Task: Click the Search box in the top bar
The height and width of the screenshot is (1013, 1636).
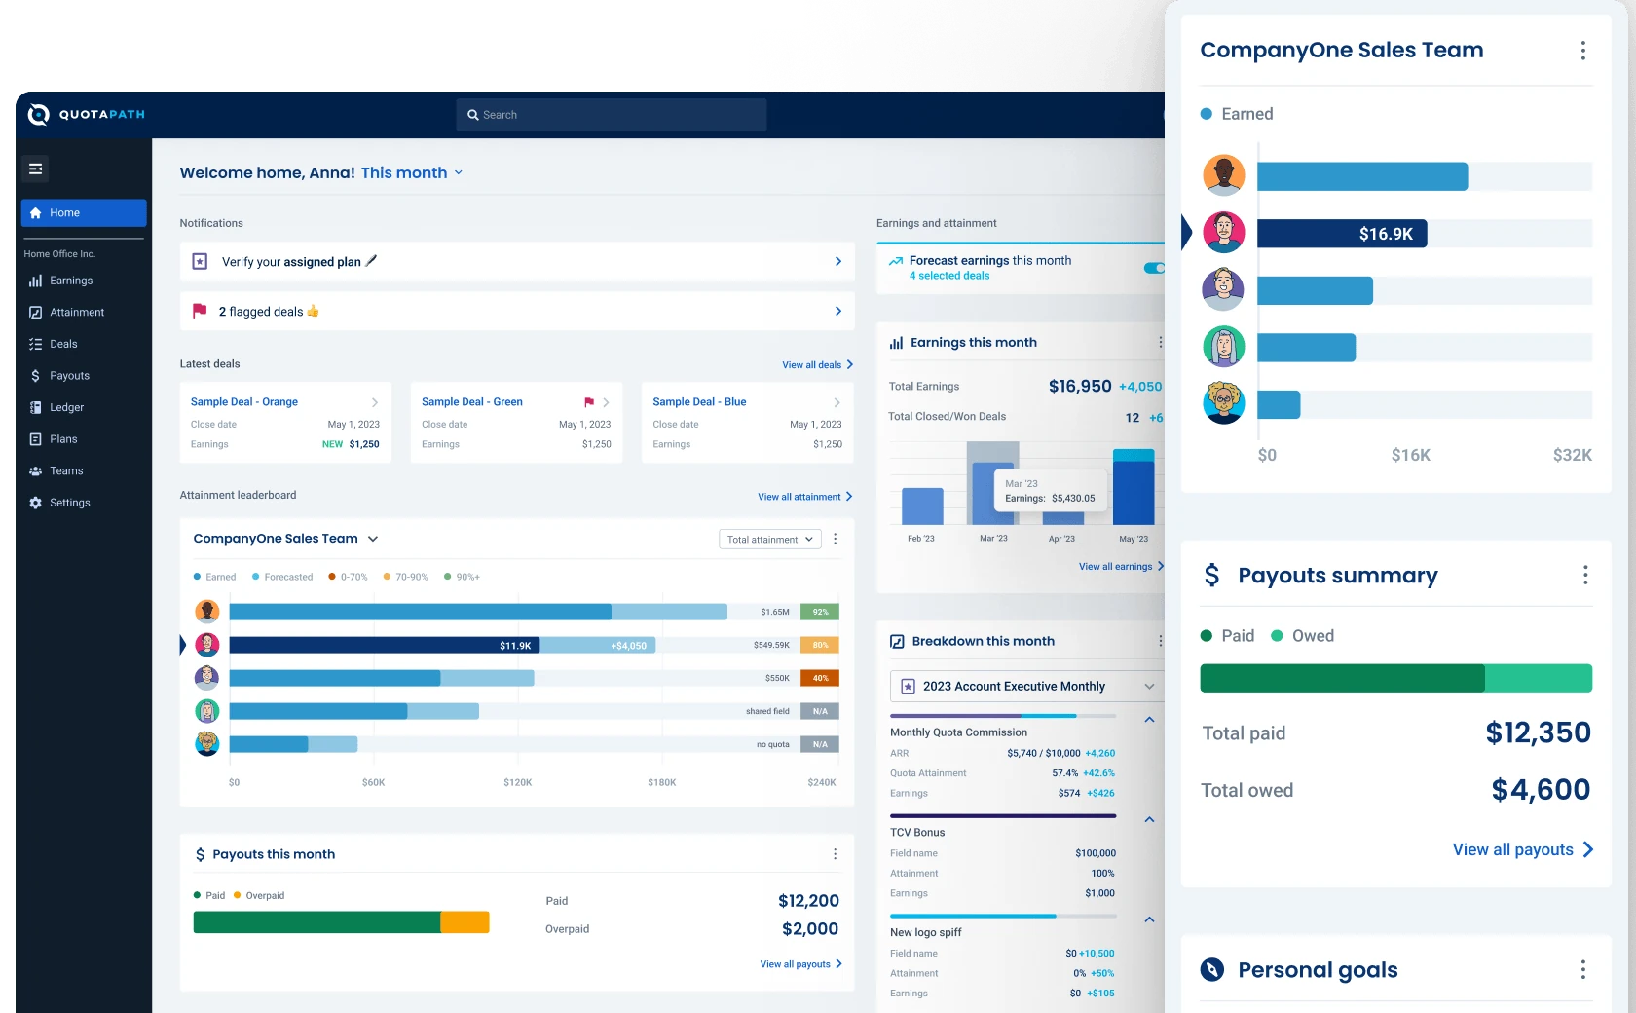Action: click(612, 115)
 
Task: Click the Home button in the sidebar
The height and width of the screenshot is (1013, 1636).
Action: click(84, 212)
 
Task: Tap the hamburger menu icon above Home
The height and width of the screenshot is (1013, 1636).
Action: click(35, 169)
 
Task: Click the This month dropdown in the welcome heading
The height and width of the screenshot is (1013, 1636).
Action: click(412, 172)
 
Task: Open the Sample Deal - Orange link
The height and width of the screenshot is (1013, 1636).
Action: click(243, 401)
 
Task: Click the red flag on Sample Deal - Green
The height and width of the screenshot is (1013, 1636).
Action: click(588, 402)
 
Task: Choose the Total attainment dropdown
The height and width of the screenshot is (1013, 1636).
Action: click(769, 539)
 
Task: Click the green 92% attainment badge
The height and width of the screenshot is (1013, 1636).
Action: click(820, 612)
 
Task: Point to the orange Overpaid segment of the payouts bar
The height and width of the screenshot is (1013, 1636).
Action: click(465, 921)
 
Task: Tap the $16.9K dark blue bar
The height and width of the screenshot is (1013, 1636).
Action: click(1342, 233)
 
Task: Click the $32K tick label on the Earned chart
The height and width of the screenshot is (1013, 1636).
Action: click(1572, 455)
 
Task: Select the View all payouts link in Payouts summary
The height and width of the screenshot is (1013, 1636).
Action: click(1523, 849)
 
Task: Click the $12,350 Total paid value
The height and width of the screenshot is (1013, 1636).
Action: click(1538, 732)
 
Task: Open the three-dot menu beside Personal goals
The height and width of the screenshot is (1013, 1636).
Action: click(1582, 969)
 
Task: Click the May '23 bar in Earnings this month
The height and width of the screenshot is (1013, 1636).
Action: click(1133, 487)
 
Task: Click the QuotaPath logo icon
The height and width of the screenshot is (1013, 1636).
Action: click(39, 114)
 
